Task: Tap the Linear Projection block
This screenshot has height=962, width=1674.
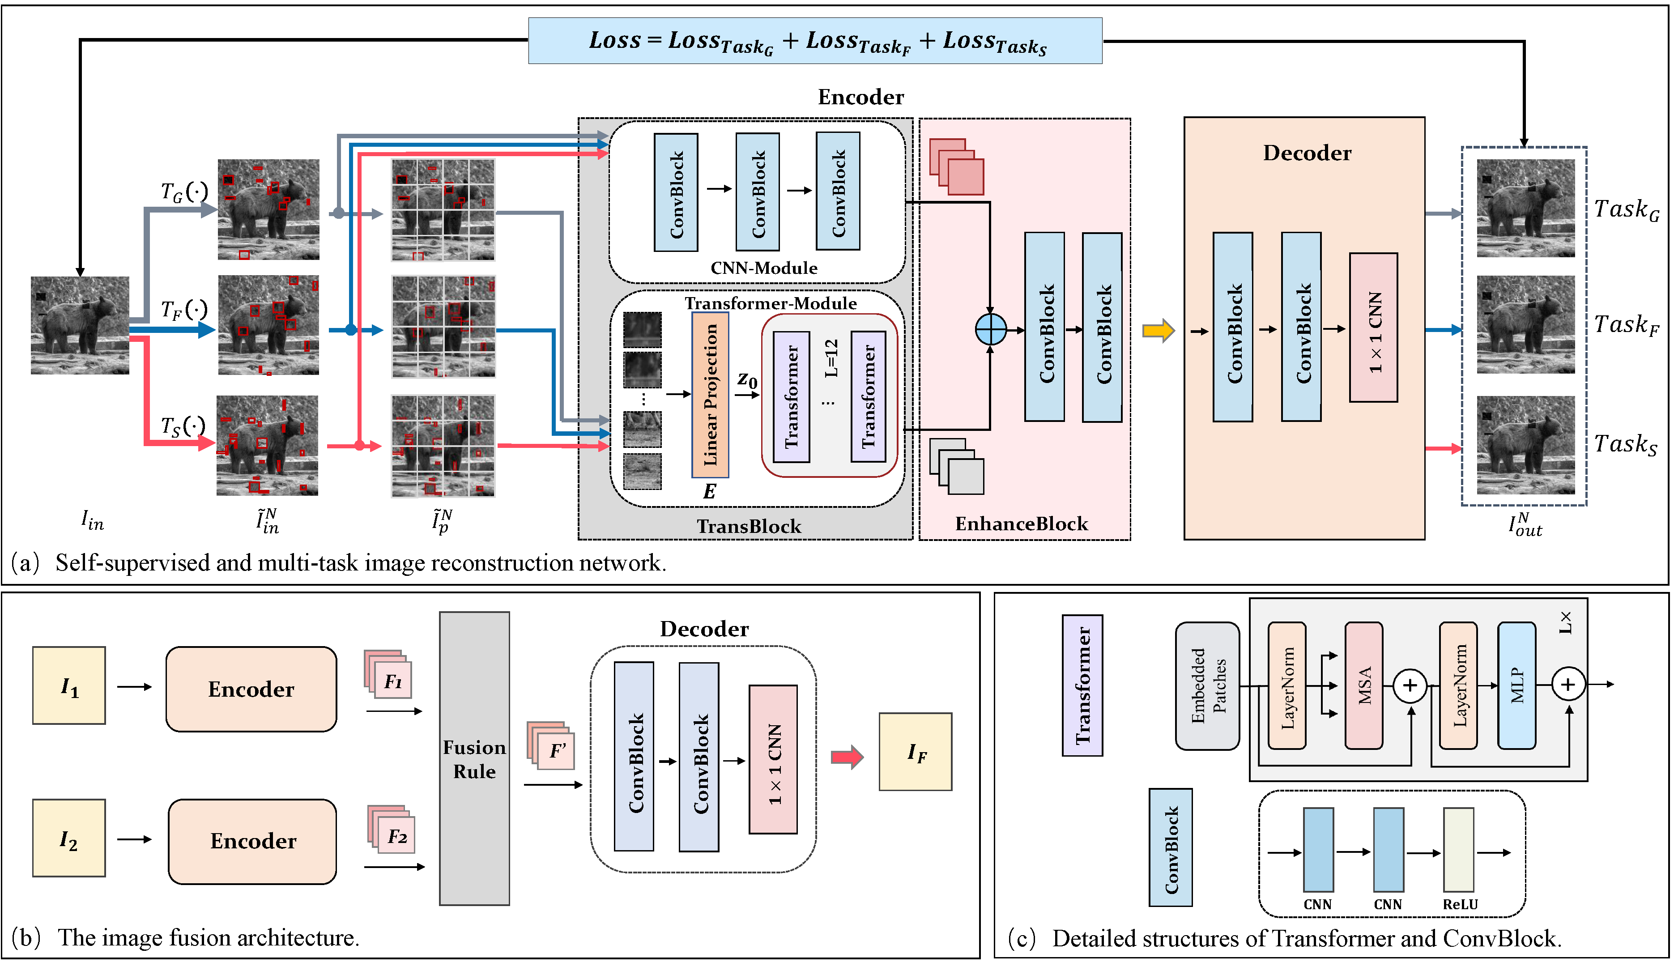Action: [x=710, y=395]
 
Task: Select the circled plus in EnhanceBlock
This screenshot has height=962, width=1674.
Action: [x=990, y=328]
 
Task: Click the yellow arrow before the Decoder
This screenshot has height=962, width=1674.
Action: [x=1158, y=330]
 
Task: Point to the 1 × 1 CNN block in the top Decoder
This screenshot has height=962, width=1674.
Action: [x=1373, y=328]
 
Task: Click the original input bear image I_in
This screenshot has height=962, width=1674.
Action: [x=80, y=325]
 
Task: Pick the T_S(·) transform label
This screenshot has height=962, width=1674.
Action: [x=183, y=426]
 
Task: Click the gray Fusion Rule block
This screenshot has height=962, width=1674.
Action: [x=474, y=758]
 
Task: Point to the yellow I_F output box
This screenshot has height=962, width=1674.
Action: [x=915, y=752]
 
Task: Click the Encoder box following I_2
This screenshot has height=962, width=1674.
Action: [x=252, y=841]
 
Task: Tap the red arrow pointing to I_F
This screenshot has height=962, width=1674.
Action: [x=847, y=757]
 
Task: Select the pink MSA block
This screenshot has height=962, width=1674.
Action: [x=1363, y=685]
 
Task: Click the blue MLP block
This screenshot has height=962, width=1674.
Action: [x=1516, y=685]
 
